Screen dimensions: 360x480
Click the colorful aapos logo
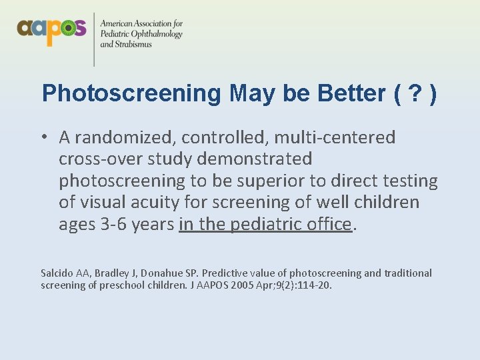[51, 29]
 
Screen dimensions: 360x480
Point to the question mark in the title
[415, 93]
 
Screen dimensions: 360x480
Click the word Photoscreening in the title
[131, 93]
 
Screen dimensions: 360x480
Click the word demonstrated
[253, 159]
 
